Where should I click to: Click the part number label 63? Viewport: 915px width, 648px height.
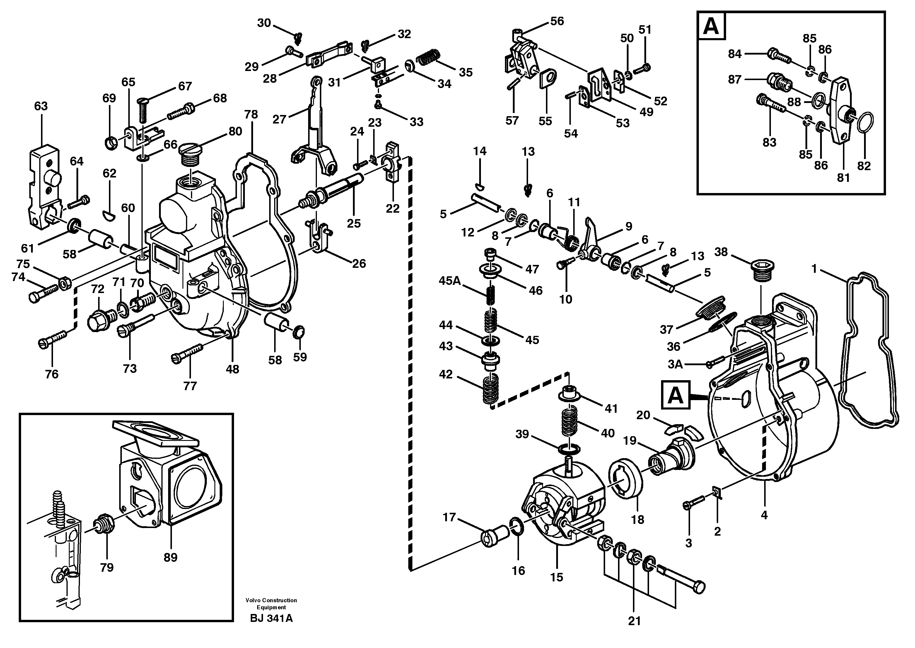[41, 106]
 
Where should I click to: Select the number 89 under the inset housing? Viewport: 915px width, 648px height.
[170, 557]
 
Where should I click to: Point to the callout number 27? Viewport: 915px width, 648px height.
[279, 119]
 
